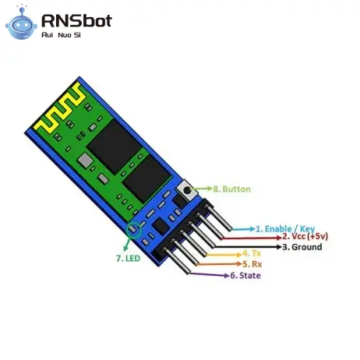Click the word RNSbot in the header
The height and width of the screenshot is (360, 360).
click(76, 21)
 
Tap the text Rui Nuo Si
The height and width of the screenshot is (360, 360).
click(61, 35)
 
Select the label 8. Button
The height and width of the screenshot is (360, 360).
click(232, 189)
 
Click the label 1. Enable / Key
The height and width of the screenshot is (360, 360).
click(285, 229)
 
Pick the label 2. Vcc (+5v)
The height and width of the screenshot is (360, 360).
click(305, 236)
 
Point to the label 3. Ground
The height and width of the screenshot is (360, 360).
click(302, 247)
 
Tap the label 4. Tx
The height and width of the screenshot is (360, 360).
click(252, 253)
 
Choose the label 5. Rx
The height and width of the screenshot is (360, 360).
click(252, 264)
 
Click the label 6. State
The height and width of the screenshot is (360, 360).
click(245, 275)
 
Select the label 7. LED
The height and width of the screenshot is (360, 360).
click(129, 259)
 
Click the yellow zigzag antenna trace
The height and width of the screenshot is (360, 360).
click(60, 108)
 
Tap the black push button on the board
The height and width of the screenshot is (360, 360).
click(187, 190)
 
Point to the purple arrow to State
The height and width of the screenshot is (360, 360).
click(210, 274)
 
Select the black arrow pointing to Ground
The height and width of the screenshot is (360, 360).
click(248, 246)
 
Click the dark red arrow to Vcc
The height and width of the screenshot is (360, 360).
click(251, 238)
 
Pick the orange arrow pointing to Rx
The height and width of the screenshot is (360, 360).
click(219, 264)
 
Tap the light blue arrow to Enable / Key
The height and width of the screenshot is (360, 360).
click(243, 229)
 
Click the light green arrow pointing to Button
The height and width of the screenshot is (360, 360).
click(203, 189)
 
